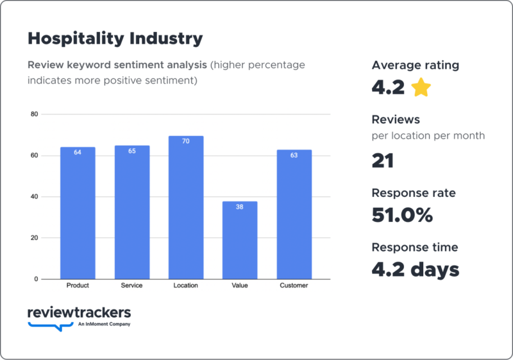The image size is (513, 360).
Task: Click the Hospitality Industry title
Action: point(115,39)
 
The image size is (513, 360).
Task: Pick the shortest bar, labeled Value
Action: point(240,240)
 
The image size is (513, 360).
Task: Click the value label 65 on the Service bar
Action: point(132,151)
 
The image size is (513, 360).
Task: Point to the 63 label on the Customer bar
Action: point(294,155)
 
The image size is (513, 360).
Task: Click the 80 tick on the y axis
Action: point(35,114)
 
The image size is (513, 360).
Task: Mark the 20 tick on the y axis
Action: point(35,238)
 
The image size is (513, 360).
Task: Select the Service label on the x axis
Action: point(132,286)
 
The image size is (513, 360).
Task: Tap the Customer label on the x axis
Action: point(294,286)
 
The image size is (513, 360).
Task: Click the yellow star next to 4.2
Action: point(421,87)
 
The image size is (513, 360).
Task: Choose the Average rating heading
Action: point(415,65)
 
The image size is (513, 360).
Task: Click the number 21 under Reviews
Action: point(382,160)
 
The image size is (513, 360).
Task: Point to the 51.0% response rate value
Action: point(402,215)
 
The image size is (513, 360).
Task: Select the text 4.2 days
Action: point(416,270)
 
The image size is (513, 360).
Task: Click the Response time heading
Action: point(415,247)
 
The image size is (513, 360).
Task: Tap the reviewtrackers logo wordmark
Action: point(80,313)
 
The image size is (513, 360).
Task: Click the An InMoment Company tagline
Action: point(105,325)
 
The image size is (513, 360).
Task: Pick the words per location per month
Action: point(428,135)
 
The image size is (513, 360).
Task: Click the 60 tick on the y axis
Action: point(35,155)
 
